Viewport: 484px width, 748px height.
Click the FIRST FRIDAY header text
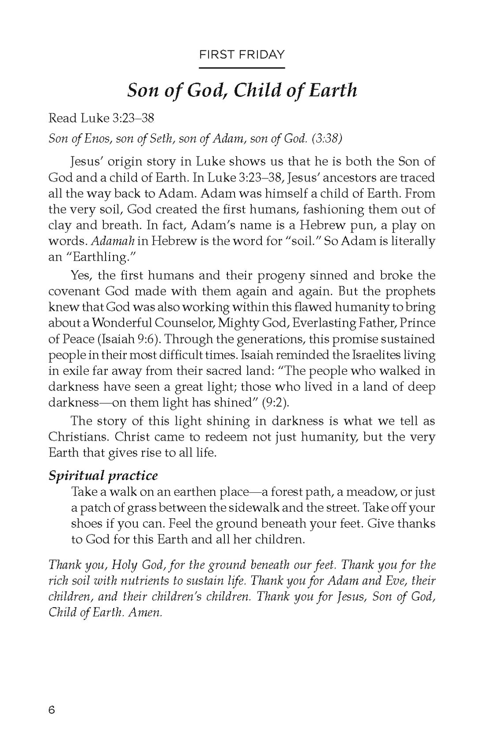click(242, 55)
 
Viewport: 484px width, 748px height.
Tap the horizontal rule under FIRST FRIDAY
click(242, 68)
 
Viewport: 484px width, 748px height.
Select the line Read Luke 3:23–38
click(101, 118)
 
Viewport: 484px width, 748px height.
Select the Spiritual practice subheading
click(103, 476)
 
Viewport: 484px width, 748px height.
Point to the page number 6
click(52, 710)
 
